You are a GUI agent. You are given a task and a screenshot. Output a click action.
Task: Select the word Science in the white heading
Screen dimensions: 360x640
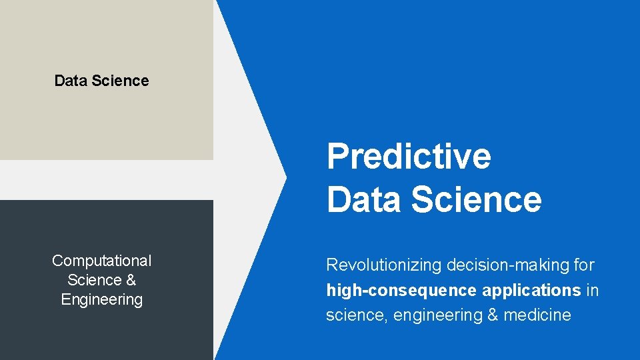click(476, 199)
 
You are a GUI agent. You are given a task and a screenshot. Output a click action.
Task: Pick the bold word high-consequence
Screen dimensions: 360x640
click(401, 291)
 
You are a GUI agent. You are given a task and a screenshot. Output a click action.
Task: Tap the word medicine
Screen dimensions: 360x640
click(537, 315)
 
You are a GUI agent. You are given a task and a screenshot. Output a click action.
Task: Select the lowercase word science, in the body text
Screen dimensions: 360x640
click(357, 315)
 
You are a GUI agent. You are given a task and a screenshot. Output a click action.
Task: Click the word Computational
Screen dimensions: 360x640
click(102, 261)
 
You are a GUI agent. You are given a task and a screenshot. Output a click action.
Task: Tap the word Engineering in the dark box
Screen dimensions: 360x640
click(102, 299)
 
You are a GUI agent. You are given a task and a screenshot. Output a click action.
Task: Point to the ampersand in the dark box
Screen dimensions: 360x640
click(131, 280)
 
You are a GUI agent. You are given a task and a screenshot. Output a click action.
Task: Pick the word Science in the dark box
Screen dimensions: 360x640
click(95, 280)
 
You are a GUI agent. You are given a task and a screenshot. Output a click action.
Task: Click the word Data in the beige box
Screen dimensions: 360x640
click(70, 81)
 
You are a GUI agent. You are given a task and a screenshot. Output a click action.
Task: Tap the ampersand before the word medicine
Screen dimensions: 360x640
click(493, 315)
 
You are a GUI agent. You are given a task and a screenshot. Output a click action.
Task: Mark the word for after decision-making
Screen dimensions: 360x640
click(583, 265)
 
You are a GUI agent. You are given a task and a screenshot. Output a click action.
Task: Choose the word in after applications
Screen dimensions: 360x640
click(592, 291)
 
